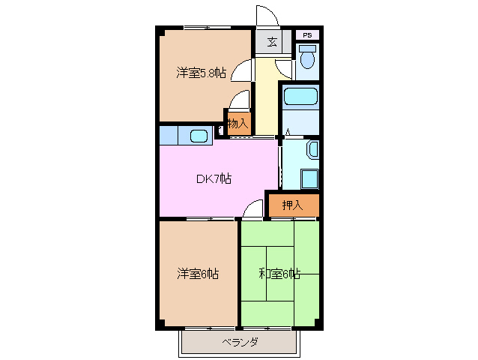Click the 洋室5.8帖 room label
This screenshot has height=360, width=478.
(x=201, y=73)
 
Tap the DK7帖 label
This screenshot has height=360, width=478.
(x=214, y=178)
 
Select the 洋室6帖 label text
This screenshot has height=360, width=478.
(x=198, y=274)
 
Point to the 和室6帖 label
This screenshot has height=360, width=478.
(x=279, y=274)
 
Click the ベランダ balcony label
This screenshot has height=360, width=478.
(x=240, y=343)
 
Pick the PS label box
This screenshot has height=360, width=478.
(x=306, y=34)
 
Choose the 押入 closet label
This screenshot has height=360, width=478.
(x=292, y=205)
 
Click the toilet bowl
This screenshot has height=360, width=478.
(x=307, y=58)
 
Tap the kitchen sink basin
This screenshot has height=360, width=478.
(x=199, y=136)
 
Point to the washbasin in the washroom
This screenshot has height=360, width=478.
(x=313, y=150)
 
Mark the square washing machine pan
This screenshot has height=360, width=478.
(x=309, y=178)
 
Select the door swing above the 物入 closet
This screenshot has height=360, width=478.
(x=240, y=100)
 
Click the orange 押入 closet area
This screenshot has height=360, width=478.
(x=292, y=205)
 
